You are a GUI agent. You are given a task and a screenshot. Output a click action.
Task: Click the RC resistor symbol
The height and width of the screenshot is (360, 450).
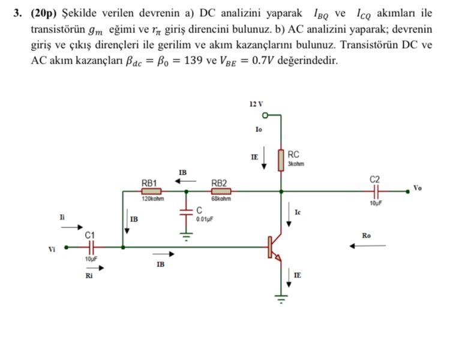pyautogui.click(x=280, y=160)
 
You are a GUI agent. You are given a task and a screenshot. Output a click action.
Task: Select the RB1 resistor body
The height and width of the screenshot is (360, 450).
pyautogui.click(x=151, y=191)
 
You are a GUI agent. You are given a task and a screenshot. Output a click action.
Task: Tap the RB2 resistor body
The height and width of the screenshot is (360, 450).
pyautogui.click(x=221, y=191)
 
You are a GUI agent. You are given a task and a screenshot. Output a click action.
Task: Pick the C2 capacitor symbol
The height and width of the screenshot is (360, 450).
pyautogui.click(x=376, y=191)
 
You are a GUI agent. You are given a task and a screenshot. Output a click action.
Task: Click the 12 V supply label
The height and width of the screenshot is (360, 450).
pyautogui.click(x=256, y=104)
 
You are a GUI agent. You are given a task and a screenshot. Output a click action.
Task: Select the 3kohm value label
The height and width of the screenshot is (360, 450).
pyautogui.click(x=296, y=163)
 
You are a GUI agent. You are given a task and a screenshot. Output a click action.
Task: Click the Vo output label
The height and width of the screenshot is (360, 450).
pyautogui.click(x=418, y=188)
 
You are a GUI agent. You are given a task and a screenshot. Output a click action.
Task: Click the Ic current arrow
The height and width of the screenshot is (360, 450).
pyautogui.click(x=290, y=217)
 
